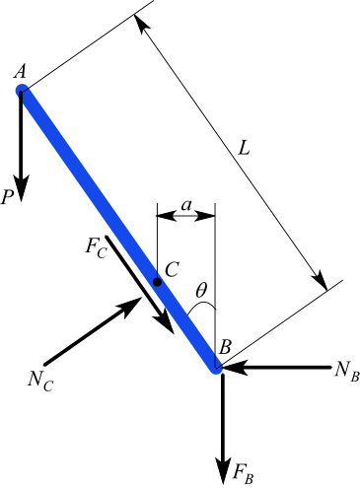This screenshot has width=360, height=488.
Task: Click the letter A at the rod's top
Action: coord(19,72)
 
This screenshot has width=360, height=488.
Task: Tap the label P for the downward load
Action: coord(8,197)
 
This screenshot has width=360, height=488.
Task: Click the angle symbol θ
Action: coord(200,292)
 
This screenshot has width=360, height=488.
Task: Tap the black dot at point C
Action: coord(157,282)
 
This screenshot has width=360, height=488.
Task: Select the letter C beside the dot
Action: coord(172,268)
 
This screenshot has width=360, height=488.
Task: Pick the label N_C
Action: coord(38,377)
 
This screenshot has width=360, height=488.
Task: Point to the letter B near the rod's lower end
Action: coord(225,347)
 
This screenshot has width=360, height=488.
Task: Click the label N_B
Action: coord(344,370)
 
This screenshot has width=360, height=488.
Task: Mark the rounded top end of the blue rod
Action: coord(22,93)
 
